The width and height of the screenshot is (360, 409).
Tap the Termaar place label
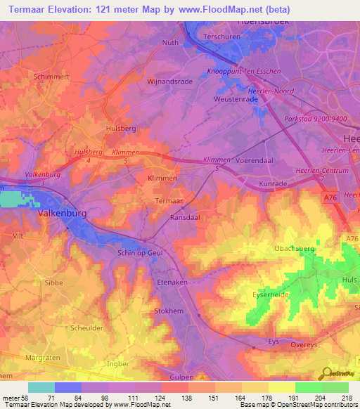click(x=169, y=202)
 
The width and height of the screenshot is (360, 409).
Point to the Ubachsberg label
click(x=294, y=249)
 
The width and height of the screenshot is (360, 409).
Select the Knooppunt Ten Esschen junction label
click(x=244, y=72)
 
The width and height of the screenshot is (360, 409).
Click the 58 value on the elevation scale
click(x=27, y=397)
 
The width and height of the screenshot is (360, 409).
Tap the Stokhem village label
click(x=168, y=310)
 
